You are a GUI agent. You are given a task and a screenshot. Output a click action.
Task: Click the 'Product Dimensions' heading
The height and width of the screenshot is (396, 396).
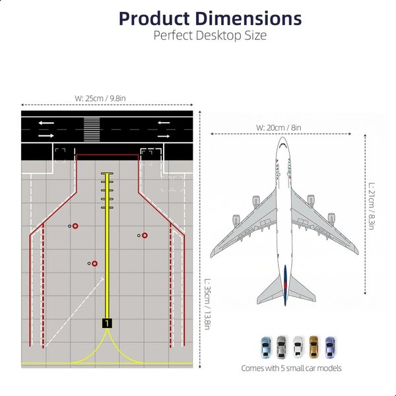(210, 18)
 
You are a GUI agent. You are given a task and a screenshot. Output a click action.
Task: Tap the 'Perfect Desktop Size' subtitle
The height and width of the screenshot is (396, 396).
(210, 36)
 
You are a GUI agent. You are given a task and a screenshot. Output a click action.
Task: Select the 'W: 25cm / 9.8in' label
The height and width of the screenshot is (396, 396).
(100, 98)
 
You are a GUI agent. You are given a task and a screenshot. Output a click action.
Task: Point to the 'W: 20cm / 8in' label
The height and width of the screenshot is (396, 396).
(279, 127)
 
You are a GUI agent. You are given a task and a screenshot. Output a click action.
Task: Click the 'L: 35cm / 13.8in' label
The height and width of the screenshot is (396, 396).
(207, 304)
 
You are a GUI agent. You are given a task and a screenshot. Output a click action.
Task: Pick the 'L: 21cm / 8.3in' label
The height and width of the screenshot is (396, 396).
(371, 206)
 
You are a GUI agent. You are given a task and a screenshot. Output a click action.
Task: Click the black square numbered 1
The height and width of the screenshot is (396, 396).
(107, 323)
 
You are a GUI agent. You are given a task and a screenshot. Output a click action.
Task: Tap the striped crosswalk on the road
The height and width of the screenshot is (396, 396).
(92, 129)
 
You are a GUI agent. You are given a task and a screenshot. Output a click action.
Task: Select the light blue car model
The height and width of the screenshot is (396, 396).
(265, 347)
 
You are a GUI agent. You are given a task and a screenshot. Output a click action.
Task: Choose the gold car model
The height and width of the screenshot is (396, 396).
(313, 346)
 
